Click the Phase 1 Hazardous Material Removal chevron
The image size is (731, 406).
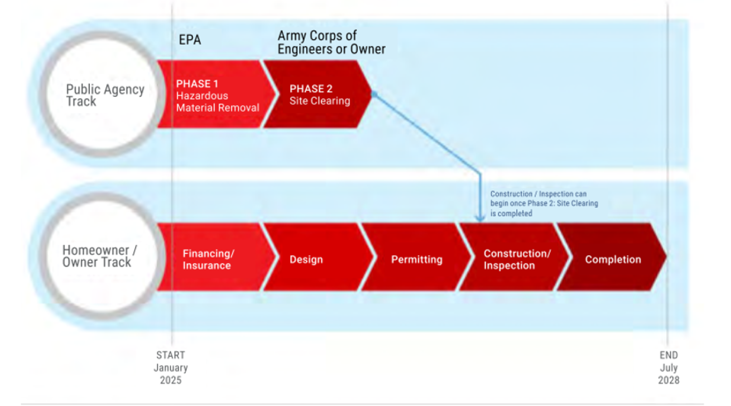pos(216,94)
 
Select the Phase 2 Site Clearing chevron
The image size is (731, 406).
pos(317,94)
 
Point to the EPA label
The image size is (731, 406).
pos(190,40)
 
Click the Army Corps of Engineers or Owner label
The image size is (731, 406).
pos(331,43)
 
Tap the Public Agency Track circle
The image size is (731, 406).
pos(104,95)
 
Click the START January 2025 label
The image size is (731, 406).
pos(171,367)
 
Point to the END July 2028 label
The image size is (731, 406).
pos(669,367)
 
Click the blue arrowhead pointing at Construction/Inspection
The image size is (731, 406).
pos(480,218)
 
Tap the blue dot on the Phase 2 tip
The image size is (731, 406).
pos(374,94)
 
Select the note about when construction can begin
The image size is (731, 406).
pos(544,204)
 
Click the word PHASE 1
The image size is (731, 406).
pos(197,84)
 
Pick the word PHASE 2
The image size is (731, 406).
pos(311,89)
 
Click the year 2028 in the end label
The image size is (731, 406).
pos(669,380)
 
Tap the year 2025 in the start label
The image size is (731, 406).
pos(171,380)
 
